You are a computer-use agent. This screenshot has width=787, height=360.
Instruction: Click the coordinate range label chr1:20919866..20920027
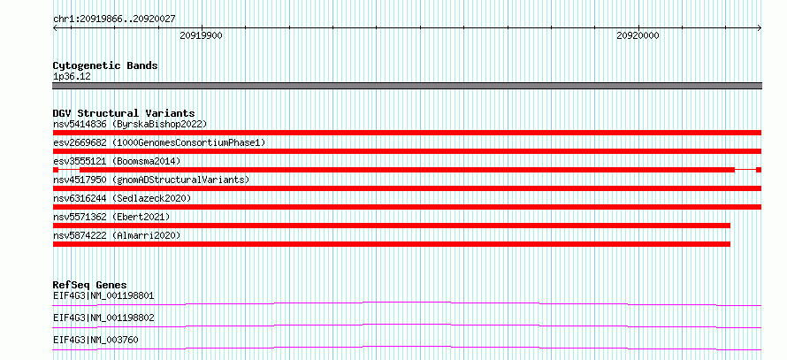click(x=114, y=19)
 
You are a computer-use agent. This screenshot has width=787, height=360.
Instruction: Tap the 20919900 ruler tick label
click(x=202, y=35)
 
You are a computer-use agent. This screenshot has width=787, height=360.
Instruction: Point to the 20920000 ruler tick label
click(x=638, y=35)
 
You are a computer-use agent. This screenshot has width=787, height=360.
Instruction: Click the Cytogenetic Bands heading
click(x=105, y=65)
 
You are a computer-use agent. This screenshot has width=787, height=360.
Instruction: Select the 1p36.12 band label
click(x=72, y=77)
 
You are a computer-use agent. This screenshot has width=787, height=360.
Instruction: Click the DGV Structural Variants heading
click(x=124, y=113)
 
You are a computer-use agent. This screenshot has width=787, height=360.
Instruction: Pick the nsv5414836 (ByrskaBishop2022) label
click(x=130, y=124)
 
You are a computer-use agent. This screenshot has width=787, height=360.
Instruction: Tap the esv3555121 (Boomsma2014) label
click(x=117, y=161)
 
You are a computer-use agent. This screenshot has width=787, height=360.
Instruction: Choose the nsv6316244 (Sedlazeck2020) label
click(x=122, y=199)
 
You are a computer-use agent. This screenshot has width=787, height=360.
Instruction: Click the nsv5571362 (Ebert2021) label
click(x=111, y=217)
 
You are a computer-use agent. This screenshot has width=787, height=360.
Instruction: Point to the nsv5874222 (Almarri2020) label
click(x=117, y=235)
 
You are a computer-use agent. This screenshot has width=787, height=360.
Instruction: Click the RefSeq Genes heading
click(x=90, y=285)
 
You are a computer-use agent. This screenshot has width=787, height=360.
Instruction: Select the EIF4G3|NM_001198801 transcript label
click(x=103, y=295)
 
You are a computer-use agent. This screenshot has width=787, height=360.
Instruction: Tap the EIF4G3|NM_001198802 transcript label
click(x=103, y=318)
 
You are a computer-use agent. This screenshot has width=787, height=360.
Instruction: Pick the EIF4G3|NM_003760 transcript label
click(x=96, y=341)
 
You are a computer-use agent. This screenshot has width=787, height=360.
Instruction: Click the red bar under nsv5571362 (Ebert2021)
click(x=392, y=226)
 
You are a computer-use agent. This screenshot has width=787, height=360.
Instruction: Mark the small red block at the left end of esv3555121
click(x=56, y=170)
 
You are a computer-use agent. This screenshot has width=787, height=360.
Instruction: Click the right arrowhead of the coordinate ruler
click(x=760, y=28)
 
